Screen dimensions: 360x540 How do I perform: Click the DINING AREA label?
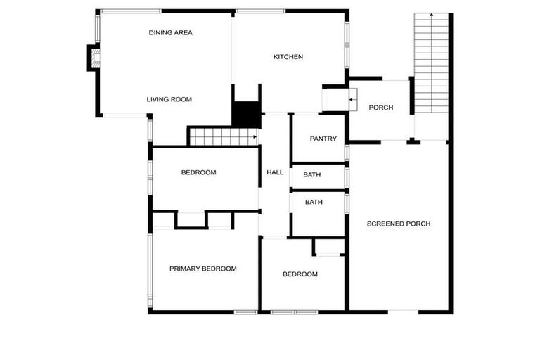tap(170, 32)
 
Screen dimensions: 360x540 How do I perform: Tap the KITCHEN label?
tap(288, 57)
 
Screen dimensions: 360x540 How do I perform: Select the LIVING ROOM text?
tap(169, 100)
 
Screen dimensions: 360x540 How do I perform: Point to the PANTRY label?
tap(323, 139)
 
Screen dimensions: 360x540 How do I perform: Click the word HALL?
tap(274, 172)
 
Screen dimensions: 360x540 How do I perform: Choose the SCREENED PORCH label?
tap(399, 224)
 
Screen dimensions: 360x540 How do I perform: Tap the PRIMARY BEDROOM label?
tap(202, 269)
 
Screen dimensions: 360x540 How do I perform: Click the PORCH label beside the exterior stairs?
tap(380, 108)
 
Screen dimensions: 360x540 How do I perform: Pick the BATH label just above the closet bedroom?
tap(314, 202)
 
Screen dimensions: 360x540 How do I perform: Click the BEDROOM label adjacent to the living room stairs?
tap(198, 172)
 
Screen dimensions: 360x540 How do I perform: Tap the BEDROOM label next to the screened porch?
tap(300, 274)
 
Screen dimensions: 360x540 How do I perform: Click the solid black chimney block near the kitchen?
tap(246, 115)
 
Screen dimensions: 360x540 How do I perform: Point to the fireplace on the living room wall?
tap(93, 58)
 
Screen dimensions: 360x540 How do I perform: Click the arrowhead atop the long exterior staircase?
tap(432, 15)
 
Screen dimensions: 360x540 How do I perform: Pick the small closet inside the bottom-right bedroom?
tap(328, 247)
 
